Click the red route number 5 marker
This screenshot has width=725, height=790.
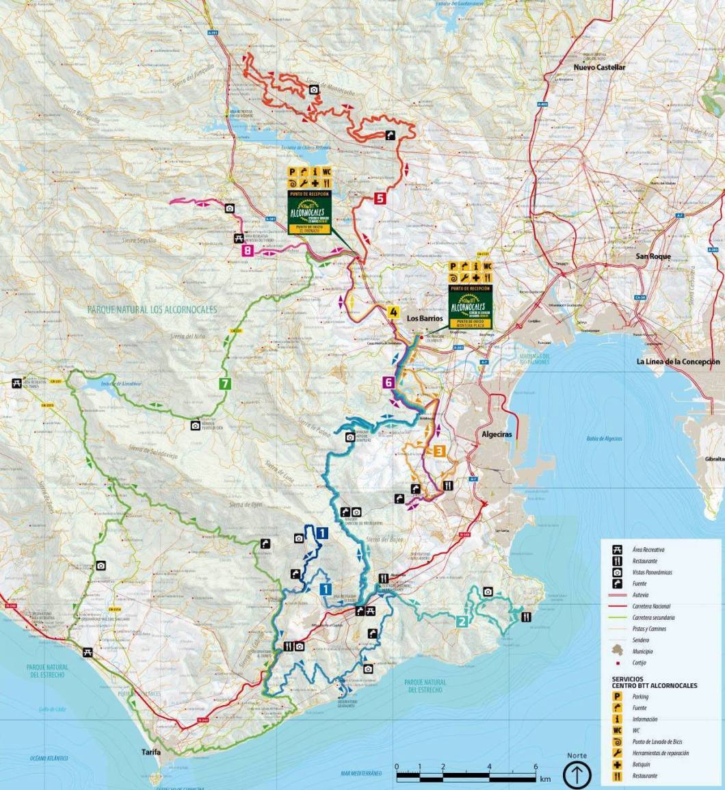(380, 199)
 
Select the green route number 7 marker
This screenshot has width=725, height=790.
(224, 384)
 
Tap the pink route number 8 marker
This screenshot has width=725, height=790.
(247, 251)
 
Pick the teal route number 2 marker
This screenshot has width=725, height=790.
(462, 621)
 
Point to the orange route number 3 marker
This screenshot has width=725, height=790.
(439, 451)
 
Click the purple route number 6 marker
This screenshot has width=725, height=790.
(388, 383)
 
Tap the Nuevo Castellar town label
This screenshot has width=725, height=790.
(599, 68)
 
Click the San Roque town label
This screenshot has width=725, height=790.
(652, 256)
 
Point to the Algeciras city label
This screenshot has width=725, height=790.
(496, 434)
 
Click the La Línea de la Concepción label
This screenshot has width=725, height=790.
(678, 361)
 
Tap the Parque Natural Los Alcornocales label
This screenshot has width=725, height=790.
(152, 309)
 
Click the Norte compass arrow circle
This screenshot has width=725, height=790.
(577, 776)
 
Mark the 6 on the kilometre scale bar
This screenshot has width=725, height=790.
(535, 766)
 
